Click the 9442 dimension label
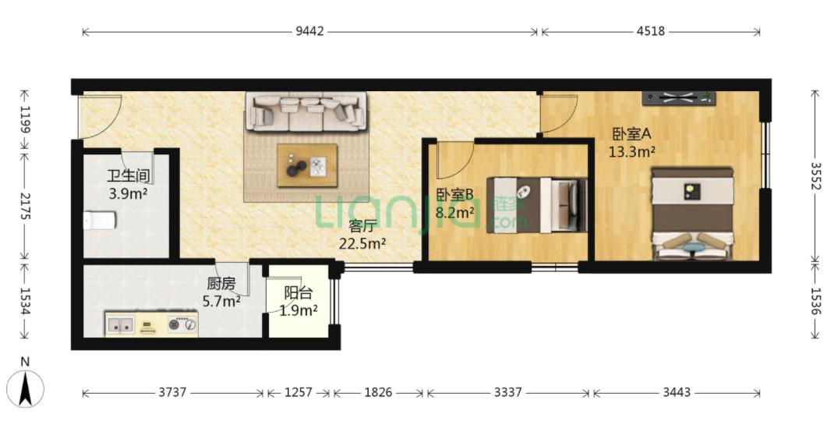pos(310,31)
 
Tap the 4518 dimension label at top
pos(650,31)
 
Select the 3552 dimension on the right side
pos(815,175)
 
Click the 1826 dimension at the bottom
pos(378,393)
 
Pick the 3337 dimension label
pos(507,393)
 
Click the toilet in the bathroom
pos(100,220)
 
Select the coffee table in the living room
pos(307,165)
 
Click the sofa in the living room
pos(306,111)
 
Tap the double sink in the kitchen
pos(120,324)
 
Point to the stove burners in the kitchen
pos(182,324)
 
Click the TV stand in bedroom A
pos(679,97)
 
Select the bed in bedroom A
pos(692,214)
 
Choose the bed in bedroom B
pos(539,205)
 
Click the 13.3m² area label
pos(632,153)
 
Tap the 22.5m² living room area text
pos(363,243)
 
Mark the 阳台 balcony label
pos(299,293)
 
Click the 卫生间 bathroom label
pos(128,175)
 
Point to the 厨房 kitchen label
pos(221,283)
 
